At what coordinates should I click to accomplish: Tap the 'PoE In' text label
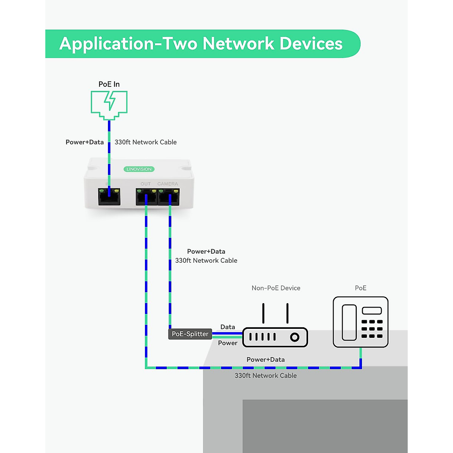(109, 84)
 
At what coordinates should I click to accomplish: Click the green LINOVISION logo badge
(139, 169)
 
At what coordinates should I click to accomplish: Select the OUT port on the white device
(146, 197)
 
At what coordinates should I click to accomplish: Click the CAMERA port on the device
(169, 197)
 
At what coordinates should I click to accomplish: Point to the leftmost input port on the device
(109, 197)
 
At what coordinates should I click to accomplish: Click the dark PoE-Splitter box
(190, 334)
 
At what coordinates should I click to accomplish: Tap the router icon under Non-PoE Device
(275, 336)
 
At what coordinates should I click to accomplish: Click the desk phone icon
(361, 322)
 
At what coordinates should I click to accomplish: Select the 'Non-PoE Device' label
(276, 288)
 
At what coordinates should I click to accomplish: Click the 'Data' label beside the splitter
(228, 327)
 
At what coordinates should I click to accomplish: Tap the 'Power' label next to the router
(228, 343)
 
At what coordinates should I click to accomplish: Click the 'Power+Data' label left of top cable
(85, 142)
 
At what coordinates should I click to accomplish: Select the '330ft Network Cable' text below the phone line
(266, 376)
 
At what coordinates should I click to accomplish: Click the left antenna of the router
(263, 313)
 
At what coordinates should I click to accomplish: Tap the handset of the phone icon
(349, 322)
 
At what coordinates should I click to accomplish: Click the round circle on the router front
(294, 337)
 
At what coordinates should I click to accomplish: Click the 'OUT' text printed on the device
(146, 184)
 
